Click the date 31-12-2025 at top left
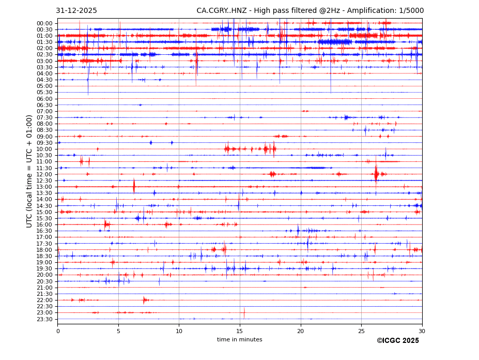coord(76,11)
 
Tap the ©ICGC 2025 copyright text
coord(397,341)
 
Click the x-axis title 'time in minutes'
coord(239,340)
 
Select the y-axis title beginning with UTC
coord(30,171)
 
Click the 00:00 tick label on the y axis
coord(44,23)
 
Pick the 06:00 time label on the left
coord(44,99)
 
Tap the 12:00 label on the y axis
coord(44,174)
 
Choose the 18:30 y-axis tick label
coord(44,256)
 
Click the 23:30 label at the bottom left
coord(44,319)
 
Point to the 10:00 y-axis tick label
coord(44,149)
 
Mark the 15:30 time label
coord(44,218)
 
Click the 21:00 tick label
coord(44,288)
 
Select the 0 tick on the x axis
coord(58,332)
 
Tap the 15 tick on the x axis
coord(240,332)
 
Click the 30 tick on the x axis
coord(422,332)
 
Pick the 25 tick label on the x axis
coord(361,332)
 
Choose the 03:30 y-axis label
coord(44,67)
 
